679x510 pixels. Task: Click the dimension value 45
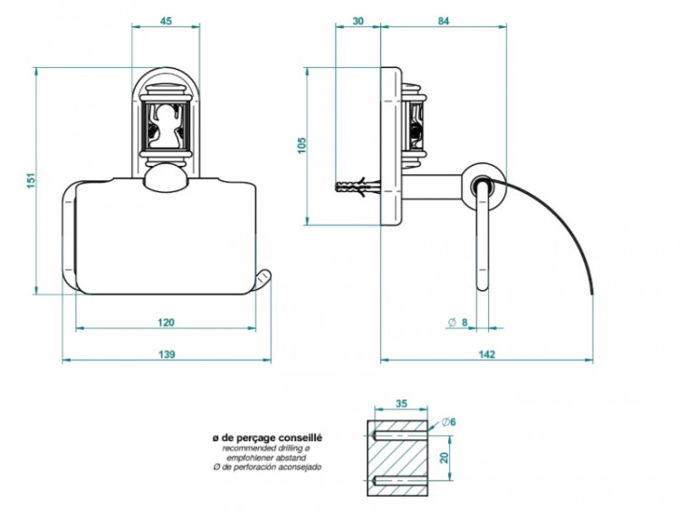tap(166, 22)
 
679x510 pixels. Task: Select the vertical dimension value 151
tap(31, 180)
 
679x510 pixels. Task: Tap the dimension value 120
tap(166, 322)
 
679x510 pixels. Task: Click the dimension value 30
tap(358, 22)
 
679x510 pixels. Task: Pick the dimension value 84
tap(443, 22)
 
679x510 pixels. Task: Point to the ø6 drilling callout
tap(449, 421)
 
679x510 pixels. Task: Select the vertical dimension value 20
tap(445, 457)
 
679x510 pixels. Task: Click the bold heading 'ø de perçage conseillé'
tap(266, 438)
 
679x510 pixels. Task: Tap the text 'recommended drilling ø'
tap(266, 448)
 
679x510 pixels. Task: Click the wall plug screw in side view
tap(353, 188)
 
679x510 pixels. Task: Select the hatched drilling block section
tap(398, 457)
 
